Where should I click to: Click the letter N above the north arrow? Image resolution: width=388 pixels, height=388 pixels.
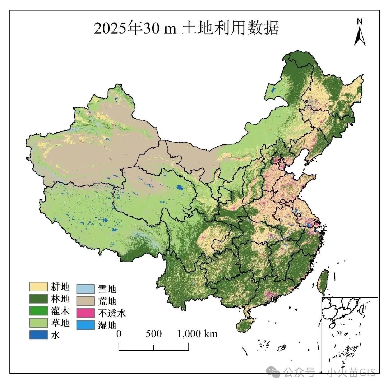point(360,21)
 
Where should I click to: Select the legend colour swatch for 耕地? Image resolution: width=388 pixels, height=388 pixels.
point(38,287)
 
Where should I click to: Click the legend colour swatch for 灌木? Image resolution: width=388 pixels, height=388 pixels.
point(38,310)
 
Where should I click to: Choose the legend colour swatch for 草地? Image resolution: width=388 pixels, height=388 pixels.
point(38,323)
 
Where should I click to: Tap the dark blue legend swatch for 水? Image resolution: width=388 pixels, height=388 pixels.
point(38,334)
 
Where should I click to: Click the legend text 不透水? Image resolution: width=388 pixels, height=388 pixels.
point(112,313)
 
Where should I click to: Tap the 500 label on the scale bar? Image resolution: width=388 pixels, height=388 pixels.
point(154,334)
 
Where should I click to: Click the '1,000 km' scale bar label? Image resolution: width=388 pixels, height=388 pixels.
point(198,334)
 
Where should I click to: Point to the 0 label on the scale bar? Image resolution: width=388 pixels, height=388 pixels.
point(119,334)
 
